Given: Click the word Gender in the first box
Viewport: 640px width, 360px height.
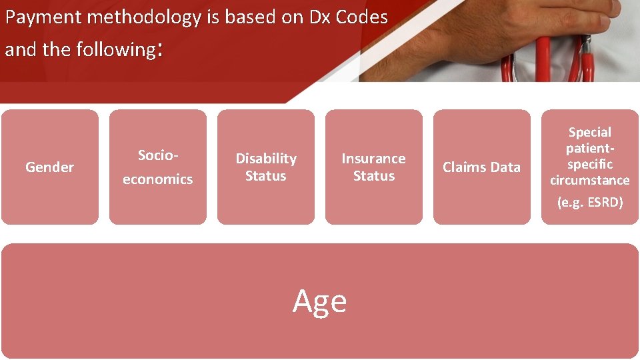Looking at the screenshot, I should pos(49,167).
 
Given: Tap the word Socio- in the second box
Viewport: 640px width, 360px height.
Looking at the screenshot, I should pos(158,155).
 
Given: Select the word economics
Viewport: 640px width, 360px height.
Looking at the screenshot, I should pos(158,179).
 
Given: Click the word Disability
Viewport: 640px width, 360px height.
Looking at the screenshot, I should pos(266,159).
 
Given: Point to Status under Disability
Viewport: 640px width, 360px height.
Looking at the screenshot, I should pos(265,176).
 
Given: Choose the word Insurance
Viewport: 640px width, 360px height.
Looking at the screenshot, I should pos(373,159).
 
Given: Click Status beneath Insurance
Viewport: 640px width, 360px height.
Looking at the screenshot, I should pos(373,176).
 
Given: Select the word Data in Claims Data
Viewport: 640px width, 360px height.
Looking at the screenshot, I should pos(504,167).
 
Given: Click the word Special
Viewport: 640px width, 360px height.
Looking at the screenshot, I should pos(589,132).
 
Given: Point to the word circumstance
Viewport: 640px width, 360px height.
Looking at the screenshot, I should pos(589,180).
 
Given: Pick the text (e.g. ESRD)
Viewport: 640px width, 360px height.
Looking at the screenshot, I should pos(589,203).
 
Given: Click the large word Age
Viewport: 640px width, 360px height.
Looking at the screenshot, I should pos(320,301).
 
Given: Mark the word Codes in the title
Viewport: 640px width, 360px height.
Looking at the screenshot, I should pos(361,18).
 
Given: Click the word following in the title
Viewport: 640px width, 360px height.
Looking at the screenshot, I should pos(115,50).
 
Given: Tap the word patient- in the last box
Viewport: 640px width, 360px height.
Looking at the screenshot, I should pos(589,148).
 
